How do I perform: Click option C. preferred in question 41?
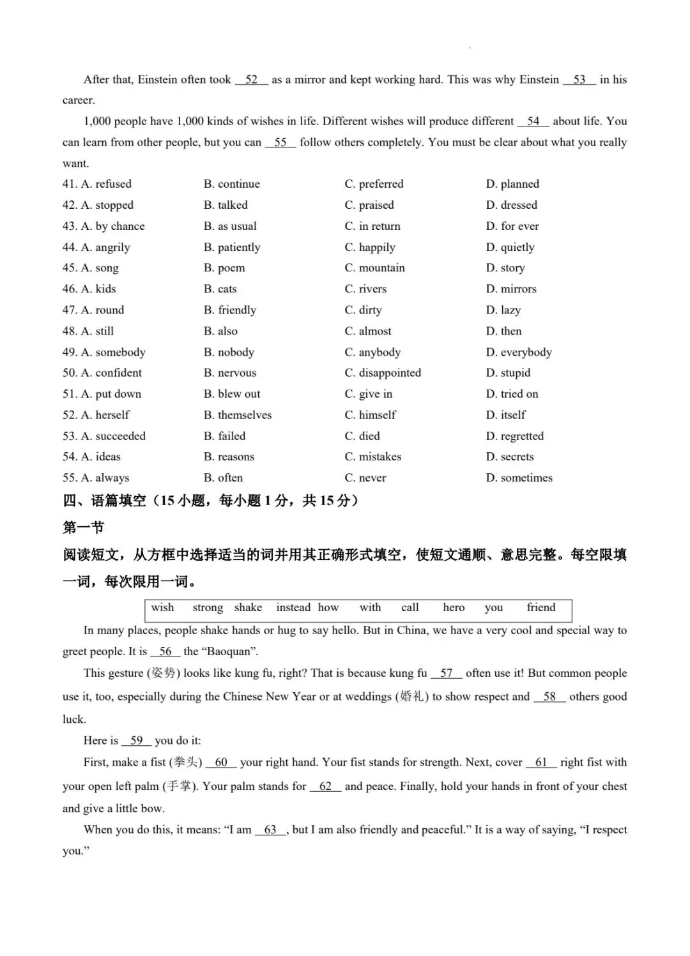(374, 184)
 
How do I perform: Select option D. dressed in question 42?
(511, 205)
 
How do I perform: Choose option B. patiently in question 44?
(232, 247)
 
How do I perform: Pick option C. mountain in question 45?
(374, 268)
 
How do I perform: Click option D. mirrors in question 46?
(511, 289)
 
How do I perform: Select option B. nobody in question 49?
(229, 352)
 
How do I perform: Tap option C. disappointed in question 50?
(383, 372)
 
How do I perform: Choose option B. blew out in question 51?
(232, 393)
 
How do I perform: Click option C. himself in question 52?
(370, 414)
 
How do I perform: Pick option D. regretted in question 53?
(514, 436)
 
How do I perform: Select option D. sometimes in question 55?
(519, 478)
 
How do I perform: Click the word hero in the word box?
(454, 607)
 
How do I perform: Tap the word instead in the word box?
(293, 607)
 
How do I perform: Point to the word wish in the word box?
(162, 607)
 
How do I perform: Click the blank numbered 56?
(165, 651)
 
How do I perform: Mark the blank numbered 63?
(270, 830)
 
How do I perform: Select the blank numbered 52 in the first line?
(251, 80)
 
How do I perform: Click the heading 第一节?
(83, 527)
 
